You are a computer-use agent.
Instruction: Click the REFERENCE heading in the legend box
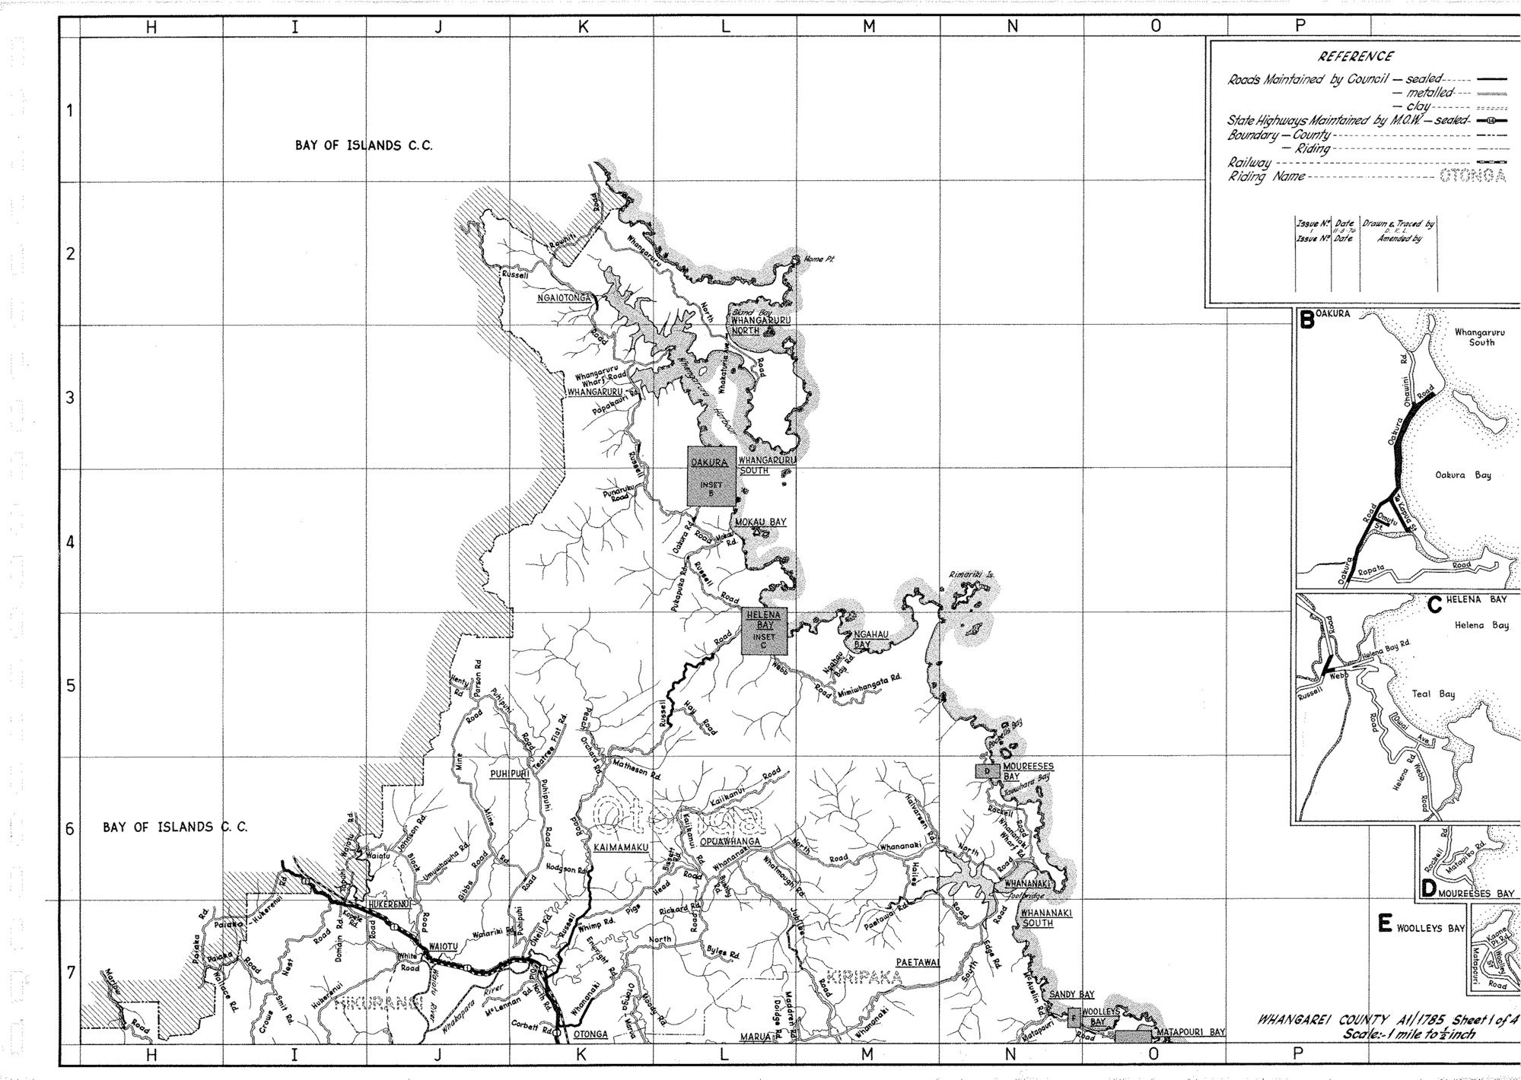(1356, 56)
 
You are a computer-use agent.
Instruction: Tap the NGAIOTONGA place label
(565, 297)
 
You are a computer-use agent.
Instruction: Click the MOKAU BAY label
(759, 523)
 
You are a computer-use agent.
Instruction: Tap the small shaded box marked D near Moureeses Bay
(987, 770)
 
